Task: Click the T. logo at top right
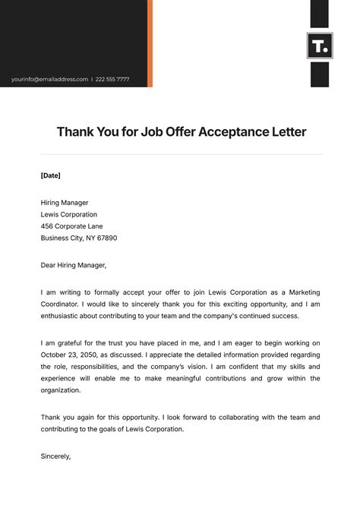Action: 319,46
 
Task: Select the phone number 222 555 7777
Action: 112,79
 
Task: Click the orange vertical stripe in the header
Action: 150,43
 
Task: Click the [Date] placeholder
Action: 50,175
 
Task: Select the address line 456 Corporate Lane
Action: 71,226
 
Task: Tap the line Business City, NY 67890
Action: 79,238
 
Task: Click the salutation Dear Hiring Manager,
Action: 74,265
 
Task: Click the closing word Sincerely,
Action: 55,456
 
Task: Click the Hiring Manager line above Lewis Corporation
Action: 65,203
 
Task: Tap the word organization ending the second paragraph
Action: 60,390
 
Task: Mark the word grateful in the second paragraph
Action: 74,343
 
